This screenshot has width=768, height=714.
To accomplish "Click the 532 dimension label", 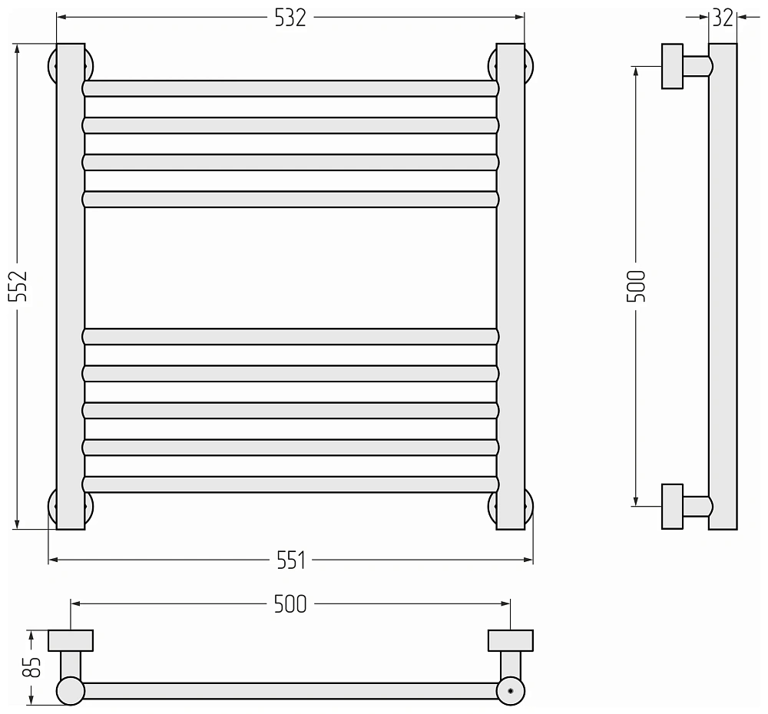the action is click(x=290, y=18).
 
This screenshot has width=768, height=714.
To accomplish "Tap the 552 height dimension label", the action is click(x=18, y=286).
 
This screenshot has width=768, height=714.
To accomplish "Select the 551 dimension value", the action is click(x=291, y=560).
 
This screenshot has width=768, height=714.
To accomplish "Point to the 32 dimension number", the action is click(x=723, y=18).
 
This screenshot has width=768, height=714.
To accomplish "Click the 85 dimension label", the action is click(x=32, y=666).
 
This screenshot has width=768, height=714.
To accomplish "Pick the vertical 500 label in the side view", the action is click(x=636, y=286).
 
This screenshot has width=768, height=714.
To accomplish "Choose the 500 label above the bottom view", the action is click(x=290, y=604).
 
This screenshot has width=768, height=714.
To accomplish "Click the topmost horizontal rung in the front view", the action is click(x=290, y=88).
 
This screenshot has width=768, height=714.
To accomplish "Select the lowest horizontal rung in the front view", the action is click(x=290, y=484).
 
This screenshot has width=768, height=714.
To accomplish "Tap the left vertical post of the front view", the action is click(x=71, y=286).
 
